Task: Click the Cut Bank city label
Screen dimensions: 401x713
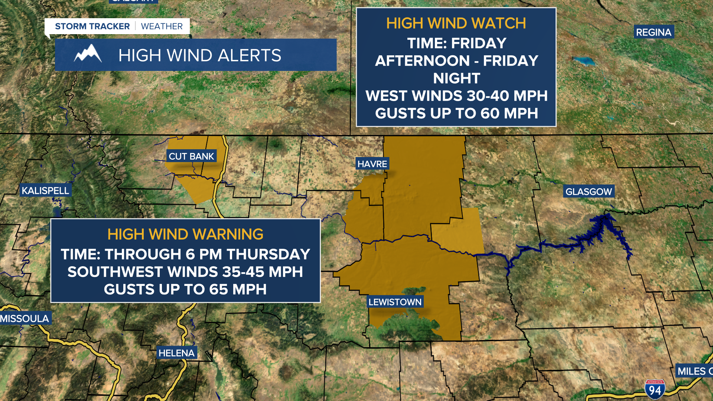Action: tap(191, 156)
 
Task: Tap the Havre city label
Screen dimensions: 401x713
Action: tap(372, 164)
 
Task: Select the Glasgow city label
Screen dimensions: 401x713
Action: tap(589, 192)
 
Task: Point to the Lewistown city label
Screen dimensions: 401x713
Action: tap(395, 302)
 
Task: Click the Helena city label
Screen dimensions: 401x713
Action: tap(176, 353)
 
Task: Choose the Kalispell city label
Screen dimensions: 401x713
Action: tap(45, 190)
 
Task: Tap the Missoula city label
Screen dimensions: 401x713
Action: tap(25, 319)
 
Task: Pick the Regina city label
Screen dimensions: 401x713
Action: tap(654, 32)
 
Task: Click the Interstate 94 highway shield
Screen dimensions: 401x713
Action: tap(655, 389)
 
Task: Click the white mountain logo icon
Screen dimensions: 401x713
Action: tap(88, 54)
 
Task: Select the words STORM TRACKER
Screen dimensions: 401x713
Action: tap(92, 26)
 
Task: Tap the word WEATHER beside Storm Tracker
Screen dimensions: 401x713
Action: tap(162, 26)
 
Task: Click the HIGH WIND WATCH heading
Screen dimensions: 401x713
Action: tap(456, 23)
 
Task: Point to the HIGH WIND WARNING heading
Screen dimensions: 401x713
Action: tap(185, 234)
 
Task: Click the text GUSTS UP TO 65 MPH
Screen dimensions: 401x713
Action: tap(185, 289)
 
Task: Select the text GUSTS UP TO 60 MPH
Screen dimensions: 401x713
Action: tap(456, 113)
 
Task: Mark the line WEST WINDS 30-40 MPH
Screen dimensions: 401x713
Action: tap(456, 96)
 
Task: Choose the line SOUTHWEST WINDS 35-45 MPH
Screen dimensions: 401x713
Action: tap(185, 272)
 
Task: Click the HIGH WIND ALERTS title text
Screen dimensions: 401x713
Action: tap(200, 55)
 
